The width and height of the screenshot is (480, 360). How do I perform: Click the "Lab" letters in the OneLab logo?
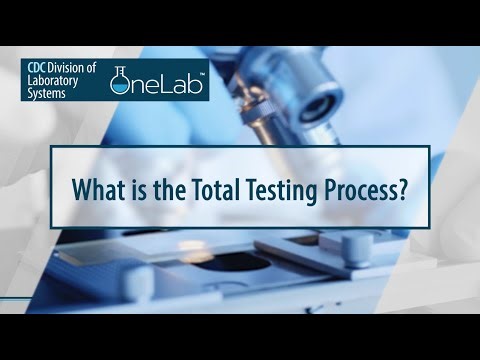pyautogui.click(x=181, y=87)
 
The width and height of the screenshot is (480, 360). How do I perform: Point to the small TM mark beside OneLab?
pyautogui.click(x=205, y=73)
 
